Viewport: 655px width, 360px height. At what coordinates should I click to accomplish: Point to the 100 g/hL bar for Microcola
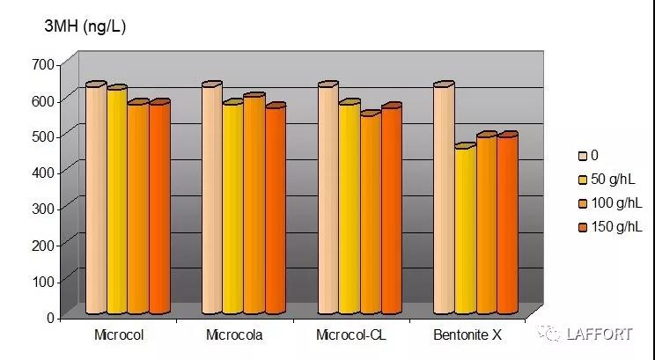pos(254,203)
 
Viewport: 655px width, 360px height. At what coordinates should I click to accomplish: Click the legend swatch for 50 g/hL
pos(583,180)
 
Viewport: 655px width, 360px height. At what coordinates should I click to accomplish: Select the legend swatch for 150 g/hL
pos(583,228)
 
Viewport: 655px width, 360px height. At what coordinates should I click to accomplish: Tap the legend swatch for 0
pos(583,156)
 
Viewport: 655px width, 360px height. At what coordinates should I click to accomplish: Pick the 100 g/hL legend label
pos(617,204)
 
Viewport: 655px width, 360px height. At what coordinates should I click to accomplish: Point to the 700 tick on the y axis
pos(43,64)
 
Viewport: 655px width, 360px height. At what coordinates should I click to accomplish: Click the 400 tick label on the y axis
pos(43,172)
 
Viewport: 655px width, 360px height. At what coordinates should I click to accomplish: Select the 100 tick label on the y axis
pos(43,281)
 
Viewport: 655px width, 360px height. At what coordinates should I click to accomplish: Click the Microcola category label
pos(234,335)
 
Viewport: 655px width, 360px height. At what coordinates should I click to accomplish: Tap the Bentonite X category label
pos(467,335)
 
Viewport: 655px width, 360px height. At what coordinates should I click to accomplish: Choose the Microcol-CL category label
pos(350,335)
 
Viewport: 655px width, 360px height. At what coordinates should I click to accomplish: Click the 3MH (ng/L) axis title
pos(85,26)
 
